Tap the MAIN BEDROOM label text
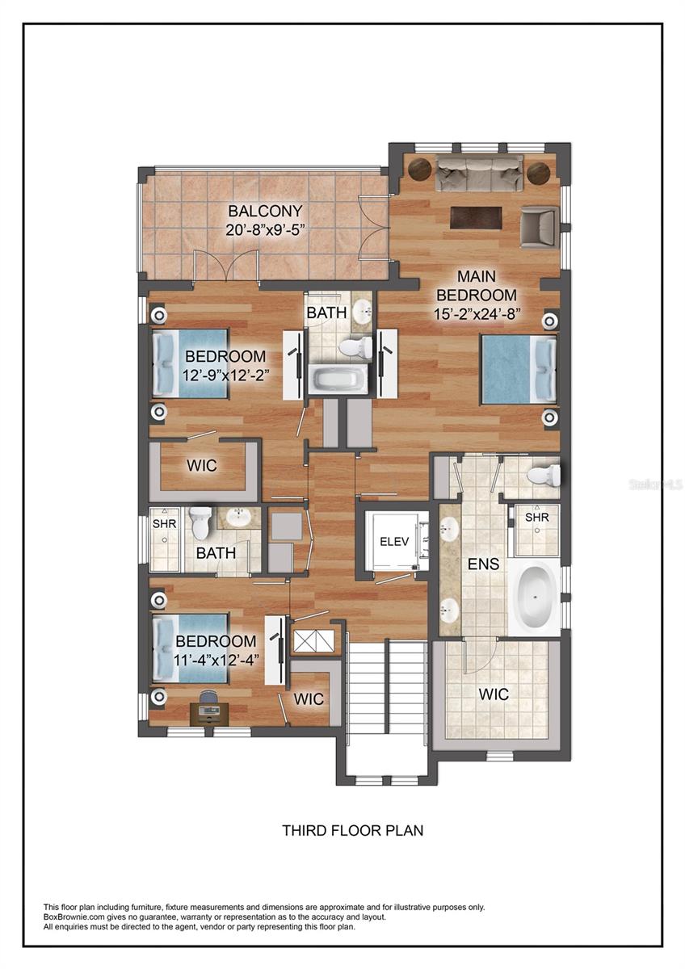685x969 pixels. click(482, 285)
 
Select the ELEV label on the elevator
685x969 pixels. click(395, 542)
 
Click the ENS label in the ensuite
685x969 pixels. click(483, 563)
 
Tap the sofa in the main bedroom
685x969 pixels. click(477, 173)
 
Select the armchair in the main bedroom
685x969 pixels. click(539, 226)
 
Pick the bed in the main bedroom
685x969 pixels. click(519, 369)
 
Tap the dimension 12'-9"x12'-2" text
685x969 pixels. click(225, 374)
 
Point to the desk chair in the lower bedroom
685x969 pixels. click(208, 698)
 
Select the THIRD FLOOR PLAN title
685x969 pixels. click(352, 829)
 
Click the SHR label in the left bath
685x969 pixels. click(164, 523)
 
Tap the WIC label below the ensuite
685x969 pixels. click(493, 694)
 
